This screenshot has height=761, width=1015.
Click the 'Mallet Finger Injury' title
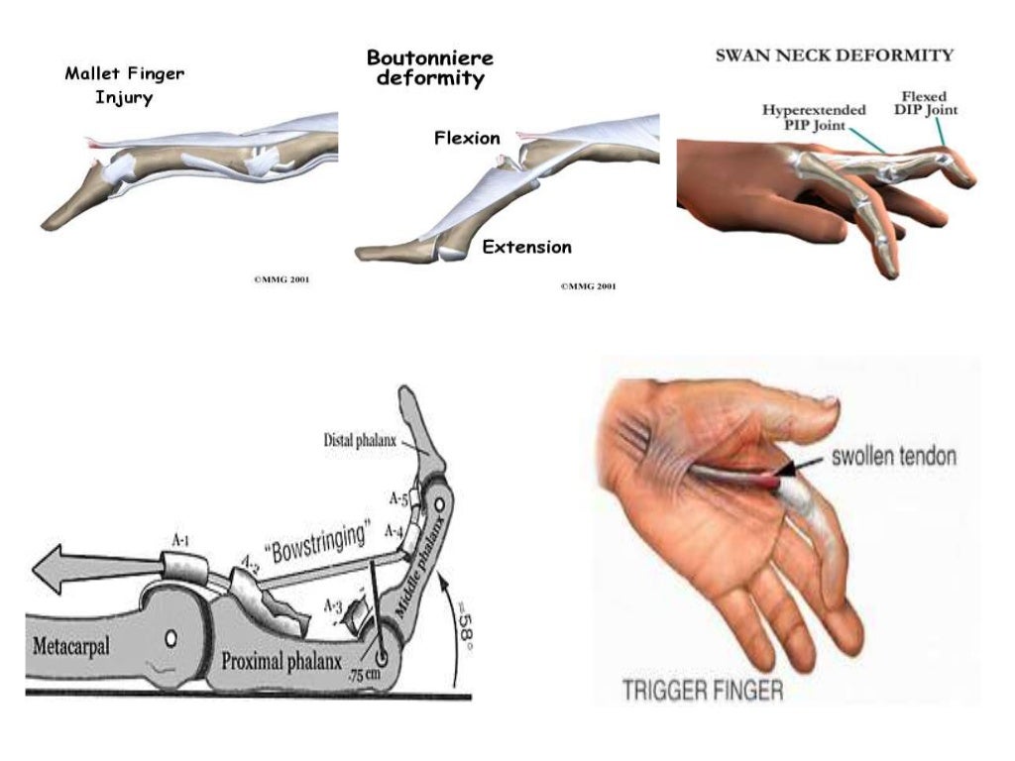click(125, 86)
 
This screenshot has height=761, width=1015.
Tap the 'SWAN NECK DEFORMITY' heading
click(835, 55)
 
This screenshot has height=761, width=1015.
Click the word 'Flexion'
click(467, 138)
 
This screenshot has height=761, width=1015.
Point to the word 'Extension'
click(526, 247)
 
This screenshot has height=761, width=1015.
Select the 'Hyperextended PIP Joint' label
click(814, 118)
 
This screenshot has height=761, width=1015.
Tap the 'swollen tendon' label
click(893, 457)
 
